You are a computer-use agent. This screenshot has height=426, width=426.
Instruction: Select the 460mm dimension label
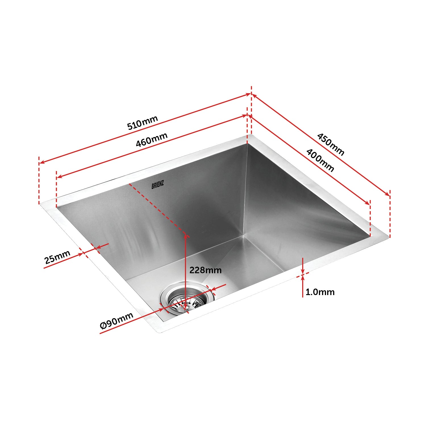(151, 139)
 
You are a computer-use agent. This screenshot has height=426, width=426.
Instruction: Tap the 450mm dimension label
(330, 144)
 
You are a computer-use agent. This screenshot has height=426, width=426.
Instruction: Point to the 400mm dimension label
(320, 160)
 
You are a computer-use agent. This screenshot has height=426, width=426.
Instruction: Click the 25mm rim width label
(57, 257)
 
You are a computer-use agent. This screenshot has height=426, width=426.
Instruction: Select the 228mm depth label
(205, 270)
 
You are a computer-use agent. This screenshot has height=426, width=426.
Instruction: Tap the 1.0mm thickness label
(320, 292)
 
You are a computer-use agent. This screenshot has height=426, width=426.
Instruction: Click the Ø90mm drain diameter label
(116, 320)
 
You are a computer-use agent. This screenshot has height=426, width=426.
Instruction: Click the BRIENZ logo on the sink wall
(158, 185)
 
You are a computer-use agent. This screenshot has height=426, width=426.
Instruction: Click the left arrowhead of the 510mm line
(41, 162)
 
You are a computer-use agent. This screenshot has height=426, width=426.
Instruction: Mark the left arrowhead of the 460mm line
(59, 177)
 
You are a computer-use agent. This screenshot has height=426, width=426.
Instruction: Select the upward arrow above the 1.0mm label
(303, 278)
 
